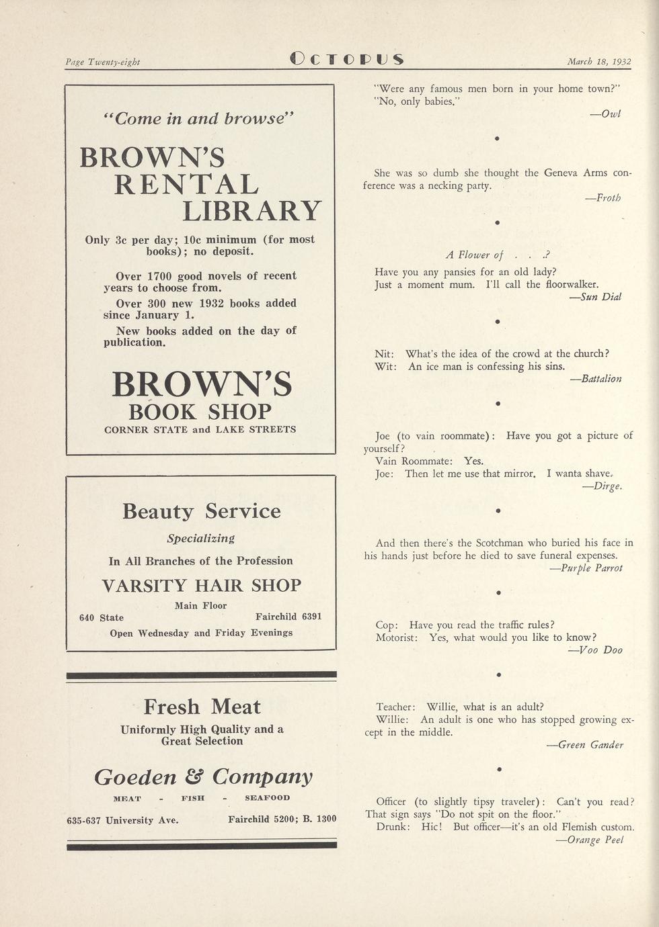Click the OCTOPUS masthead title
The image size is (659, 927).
346,59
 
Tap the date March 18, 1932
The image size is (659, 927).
598,62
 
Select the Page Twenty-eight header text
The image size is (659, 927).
103,62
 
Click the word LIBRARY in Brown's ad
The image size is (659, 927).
252,211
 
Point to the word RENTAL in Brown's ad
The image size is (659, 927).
186,184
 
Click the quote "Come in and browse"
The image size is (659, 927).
200,119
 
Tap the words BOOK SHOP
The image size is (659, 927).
200,411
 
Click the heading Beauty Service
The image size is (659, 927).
201,511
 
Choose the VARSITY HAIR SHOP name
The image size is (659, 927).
201,585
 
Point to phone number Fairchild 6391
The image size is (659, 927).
288,617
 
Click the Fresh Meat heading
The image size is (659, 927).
202,707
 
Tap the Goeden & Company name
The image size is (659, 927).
203,777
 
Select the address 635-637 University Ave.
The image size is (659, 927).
122,820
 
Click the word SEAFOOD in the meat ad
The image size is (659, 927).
267,798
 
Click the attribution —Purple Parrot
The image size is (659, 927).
586,568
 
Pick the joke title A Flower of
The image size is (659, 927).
475,255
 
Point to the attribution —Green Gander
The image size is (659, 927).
585,745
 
